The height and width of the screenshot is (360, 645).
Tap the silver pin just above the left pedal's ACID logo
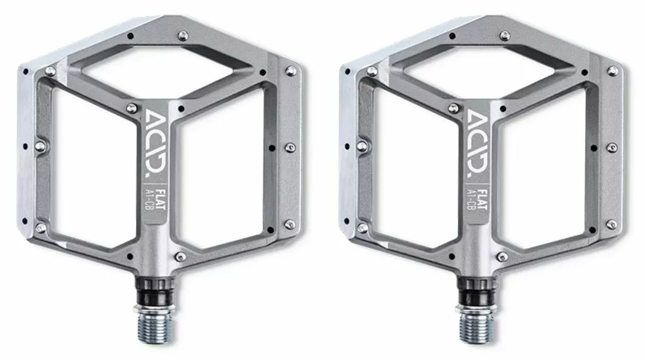coord(133,107)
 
